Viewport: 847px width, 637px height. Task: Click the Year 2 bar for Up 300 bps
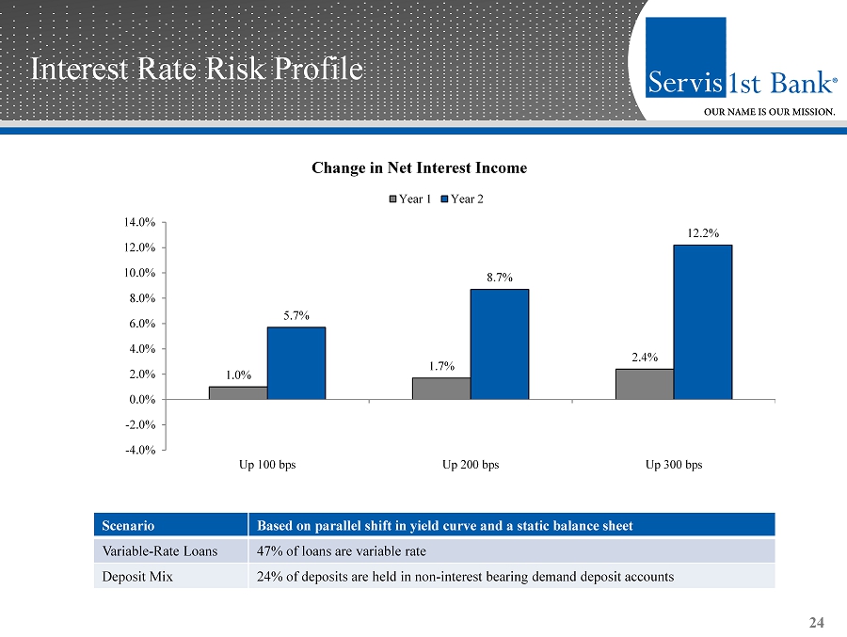click(703, 322)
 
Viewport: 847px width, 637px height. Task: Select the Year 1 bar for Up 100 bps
click(238, 392)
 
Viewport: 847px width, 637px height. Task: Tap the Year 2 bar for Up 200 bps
click(500, 344)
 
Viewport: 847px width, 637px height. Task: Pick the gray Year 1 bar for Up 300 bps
click(645, 384)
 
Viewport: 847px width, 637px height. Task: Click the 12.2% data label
click(703, 233)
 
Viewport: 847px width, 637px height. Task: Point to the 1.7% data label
click(442, 366)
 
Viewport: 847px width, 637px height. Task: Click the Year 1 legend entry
click(410, 199)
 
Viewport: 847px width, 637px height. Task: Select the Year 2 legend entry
click(462, 199)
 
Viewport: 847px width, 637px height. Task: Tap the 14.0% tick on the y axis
click(140, 222)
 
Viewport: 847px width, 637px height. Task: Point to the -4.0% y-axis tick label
click(140, 450)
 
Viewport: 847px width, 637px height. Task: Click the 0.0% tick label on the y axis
click(142, 399)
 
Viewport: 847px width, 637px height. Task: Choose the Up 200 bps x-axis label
click(471, 465)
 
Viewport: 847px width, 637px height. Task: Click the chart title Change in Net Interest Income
click(419, 168)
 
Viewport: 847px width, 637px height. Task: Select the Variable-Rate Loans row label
click(160, 551)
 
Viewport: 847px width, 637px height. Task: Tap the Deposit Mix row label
click(137, 577)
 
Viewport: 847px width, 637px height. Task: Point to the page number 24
click(816, 623)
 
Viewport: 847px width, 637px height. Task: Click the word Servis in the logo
click(685, 83)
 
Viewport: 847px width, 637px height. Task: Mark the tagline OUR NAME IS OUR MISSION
click(769, 112)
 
